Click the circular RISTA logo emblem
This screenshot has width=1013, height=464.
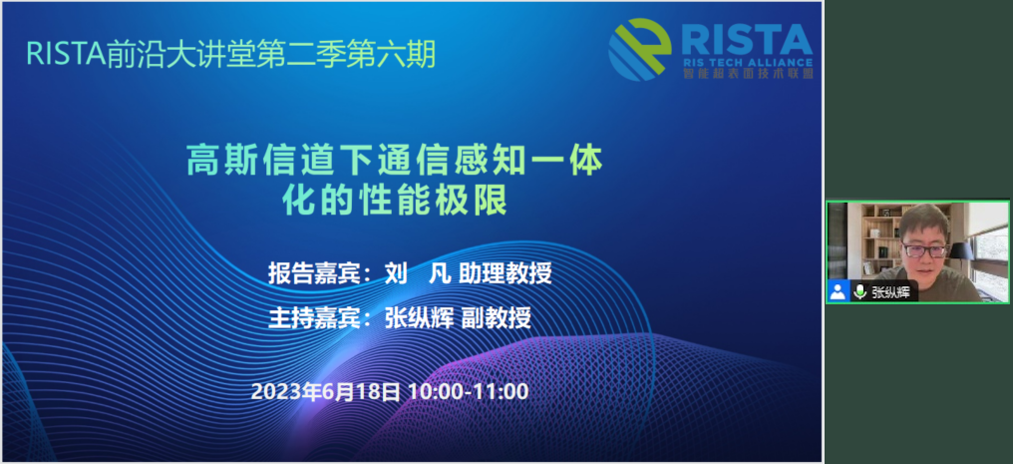(639, 49)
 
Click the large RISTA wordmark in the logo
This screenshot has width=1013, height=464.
(747, 40)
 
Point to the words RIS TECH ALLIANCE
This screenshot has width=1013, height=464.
(748, 63)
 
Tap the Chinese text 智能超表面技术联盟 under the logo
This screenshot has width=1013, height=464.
(748, 74)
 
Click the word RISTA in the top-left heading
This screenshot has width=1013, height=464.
(65, 54)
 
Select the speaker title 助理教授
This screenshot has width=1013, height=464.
(506, 273)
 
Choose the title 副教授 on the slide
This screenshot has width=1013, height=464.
(497, 317)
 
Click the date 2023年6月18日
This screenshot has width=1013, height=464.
(325, 391)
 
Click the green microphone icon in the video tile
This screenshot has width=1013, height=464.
(859, 291)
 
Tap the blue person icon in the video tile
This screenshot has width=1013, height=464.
(838, 291)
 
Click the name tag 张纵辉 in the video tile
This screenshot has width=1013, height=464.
(890, 291)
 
